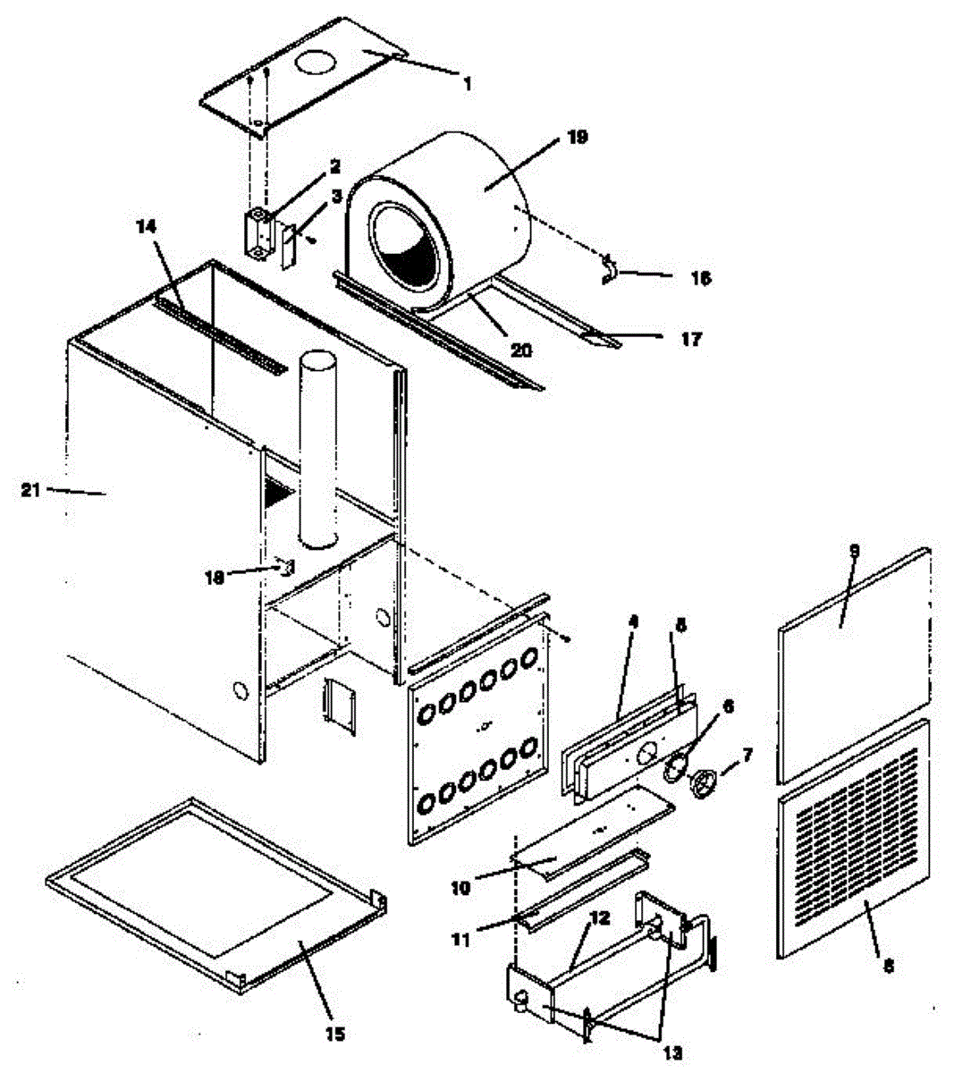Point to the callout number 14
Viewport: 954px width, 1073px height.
tap(146, 227)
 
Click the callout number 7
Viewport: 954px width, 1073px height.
tap(747, 756)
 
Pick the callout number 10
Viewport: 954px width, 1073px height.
tap(460, 888)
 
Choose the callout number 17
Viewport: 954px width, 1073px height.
tap(691, 339)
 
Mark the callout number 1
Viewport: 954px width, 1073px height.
tap(466, 83)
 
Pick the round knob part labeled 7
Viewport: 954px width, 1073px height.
tap(706, 784)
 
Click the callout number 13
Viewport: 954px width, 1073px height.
tap(672, 1052)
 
